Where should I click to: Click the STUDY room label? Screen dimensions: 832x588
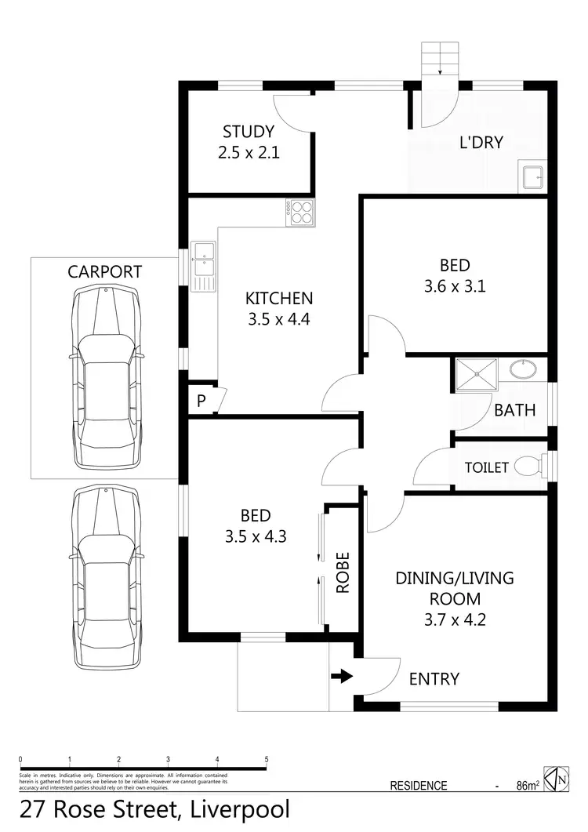(x=249, y=132)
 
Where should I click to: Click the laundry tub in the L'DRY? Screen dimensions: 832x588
(x=532, y=177)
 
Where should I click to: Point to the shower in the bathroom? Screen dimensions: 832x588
(x=474, y=375)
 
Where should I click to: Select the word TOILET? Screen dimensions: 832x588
(x=487, y=468)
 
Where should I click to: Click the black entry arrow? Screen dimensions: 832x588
(x=342, y=676)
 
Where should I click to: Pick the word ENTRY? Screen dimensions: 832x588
(x=434, y=679)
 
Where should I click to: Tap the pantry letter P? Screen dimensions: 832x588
(x=201, y=401)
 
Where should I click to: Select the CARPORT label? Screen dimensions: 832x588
(x=104, y=272)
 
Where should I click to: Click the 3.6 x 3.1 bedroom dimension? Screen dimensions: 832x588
(x=455, y=287)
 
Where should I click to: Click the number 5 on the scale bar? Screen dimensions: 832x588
(x=267, y=759)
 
